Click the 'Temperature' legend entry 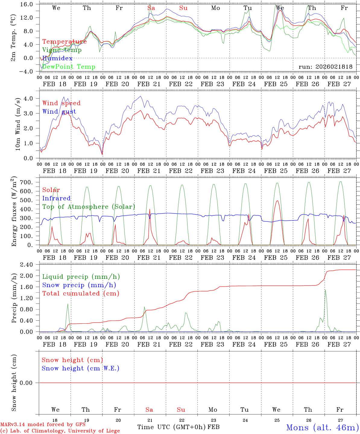pos(64,42)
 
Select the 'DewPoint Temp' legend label pos(69,67)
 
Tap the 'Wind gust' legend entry pos(59,112)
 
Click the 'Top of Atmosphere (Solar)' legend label pos(89,207)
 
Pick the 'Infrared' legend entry pos(56,198)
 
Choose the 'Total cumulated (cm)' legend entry pos(81,294)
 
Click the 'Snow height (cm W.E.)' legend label pos(81,368)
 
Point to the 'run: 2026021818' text pos(325,67)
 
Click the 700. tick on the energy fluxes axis pos(27,182)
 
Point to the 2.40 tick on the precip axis pos(27,265)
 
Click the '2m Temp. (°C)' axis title pos(14,41)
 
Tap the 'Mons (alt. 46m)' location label pos(322,427)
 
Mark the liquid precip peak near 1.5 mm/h pos(325,290)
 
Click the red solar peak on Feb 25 pos(277,201)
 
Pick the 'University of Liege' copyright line pos(60,431)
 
